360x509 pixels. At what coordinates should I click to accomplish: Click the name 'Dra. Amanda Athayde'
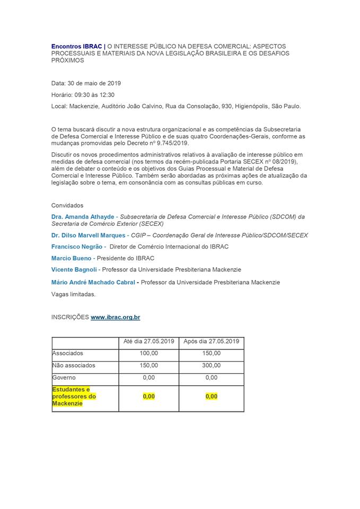point(83,217)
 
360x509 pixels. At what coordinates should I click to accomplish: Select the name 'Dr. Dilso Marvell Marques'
point(89,235)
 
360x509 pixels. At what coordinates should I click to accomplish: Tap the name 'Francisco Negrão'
point(77,247)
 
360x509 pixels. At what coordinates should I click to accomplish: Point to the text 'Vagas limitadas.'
point(74,294)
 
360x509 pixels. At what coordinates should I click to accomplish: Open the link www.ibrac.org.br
point(115,317)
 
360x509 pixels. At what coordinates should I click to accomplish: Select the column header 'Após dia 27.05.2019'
point(211,341)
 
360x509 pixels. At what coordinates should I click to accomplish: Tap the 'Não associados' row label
point(74,365)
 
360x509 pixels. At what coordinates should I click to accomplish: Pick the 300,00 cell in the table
point(211,365)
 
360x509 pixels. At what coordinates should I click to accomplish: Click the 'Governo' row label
point(64,378)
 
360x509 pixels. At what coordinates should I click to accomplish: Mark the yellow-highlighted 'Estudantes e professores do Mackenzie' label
point(74,397)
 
